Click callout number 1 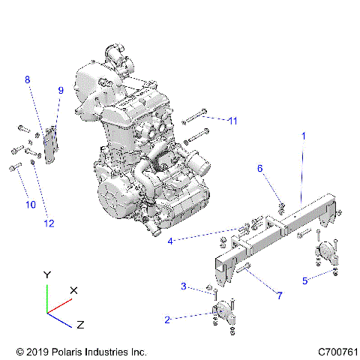[x=303, y=136]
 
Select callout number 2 [x=167, y=319]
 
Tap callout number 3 [x=182, y=286]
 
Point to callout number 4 [x=171, y=241]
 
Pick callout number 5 [x=304, y=280]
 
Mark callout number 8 [x=28, y=79]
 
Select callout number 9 [x=61, y=91]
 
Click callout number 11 [x=232, y=120]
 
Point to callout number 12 [x=49, y=221]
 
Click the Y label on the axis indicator [x=47, y=275]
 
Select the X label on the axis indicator [x=73, y=289]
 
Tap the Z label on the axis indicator [x=79, y=325]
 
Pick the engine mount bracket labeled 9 [x=50, y=145]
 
